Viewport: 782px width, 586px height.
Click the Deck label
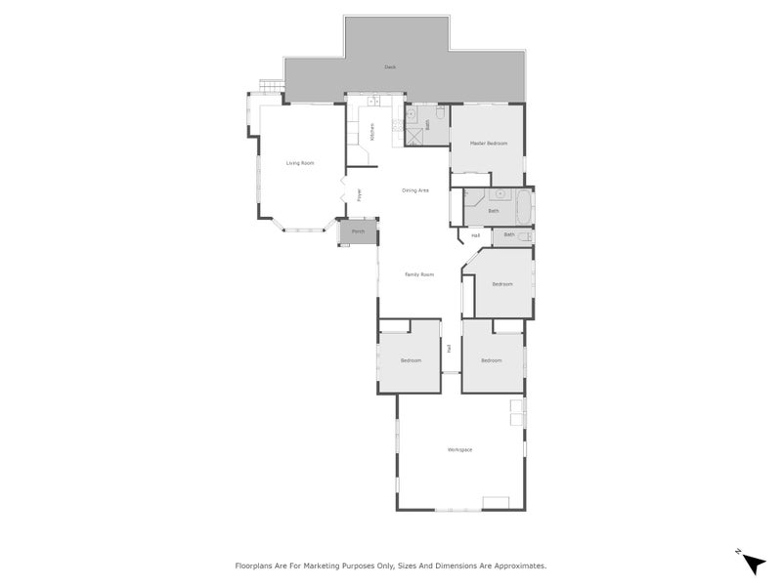(x=390, y=67)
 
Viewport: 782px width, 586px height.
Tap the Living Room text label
(x=300, y=163)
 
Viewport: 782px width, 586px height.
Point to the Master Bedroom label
(x=489, y=144)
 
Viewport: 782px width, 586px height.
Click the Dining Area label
(x=415, y=189)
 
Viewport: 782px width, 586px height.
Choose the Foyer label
(x=360, y=194)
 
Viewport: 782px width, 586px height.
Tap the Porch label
(x=358, y=232)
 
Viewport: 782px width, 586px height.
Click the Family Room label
(x=419, y=274)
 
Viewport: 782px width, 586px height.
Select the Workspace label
(x=459, y=449)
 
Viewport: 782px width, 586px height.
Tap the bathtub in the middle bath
(x=523, y=207)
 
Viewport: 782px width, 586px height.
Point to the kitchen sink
(x=372, y=102)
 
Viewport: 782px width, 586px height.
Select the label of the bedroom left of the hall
(x=411, y=360)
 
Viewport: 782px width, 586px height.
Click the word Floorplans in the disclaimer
(x=257, y=565)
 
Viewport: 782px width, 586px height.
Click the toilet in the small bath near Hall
(x=526, y=235)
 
